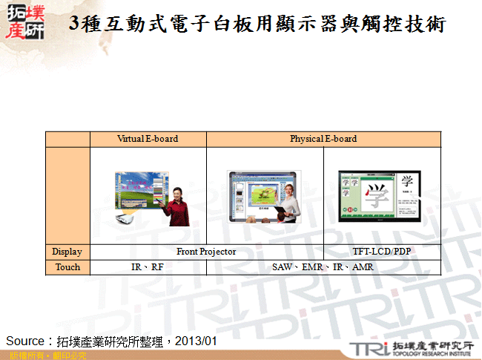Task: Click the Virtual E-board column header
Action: click(x=148, y=139)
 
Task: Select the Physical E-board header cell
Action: click(x=323, y=139)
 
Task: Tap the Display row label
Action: click(x=67, y=252)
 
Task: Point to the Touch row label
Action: click(x=67, y=267)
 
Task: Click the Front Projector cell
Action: click(x=206, y=252)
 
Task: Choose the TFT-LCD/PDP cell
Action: click(x=383, y=252)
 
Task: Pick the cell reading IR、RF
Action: click(x=148, y=267)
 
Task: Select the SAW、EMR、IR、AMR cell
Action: click(x=323, y=267)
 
